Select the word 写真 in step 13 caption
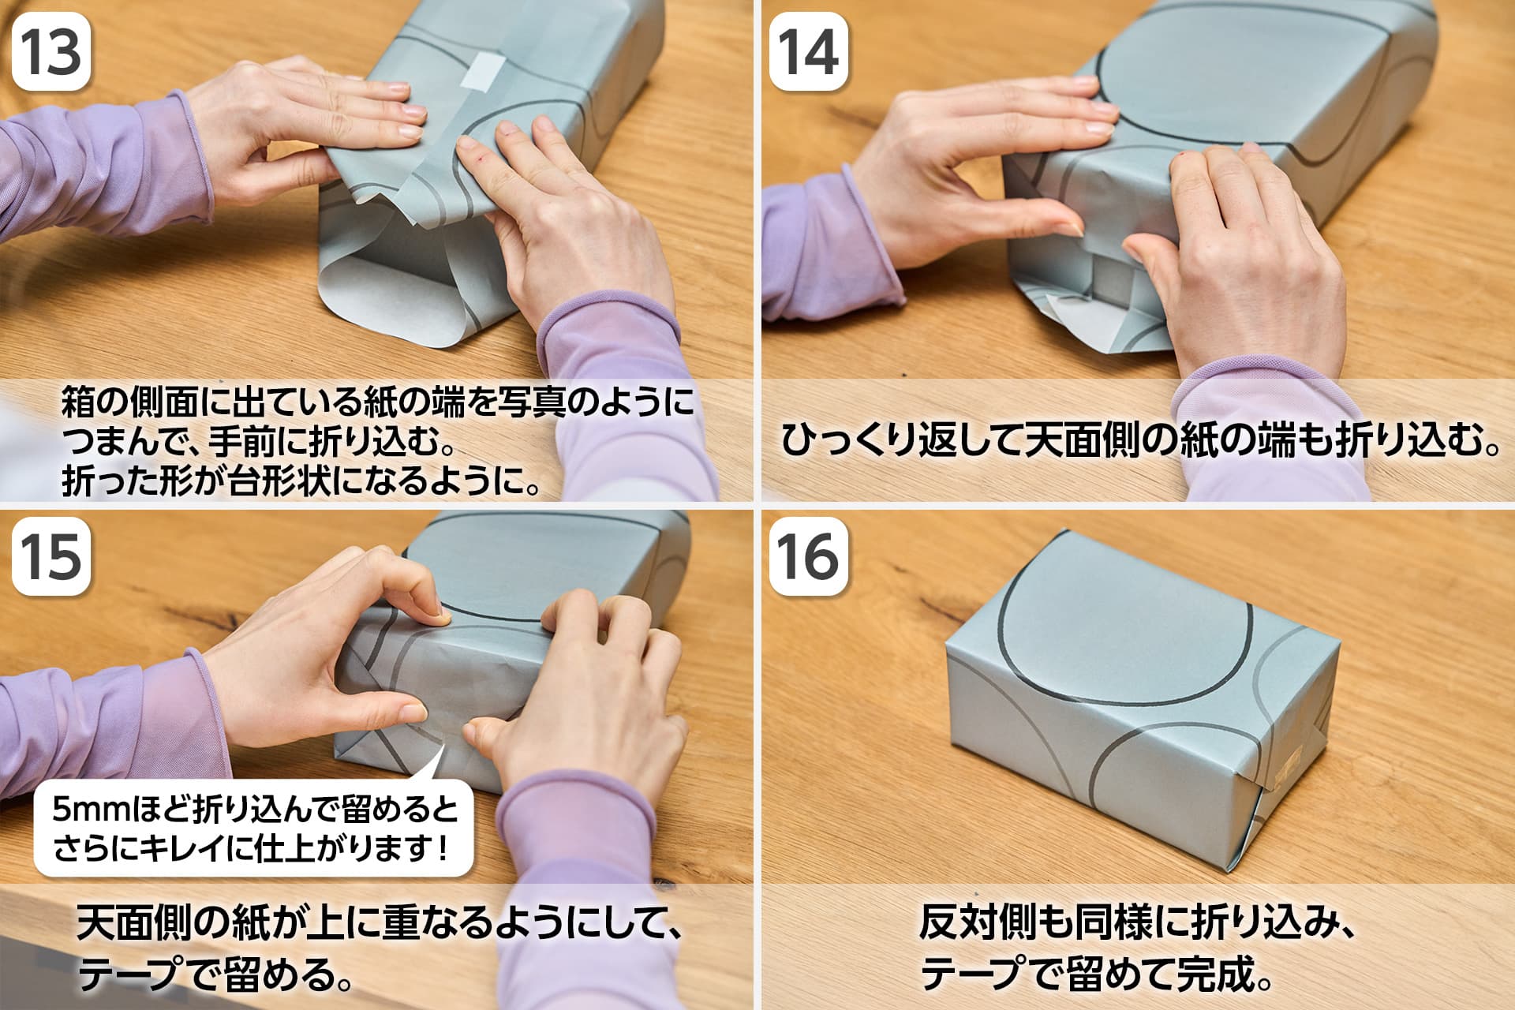[529, 402]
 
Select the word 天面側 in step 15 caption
[135, 923]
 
